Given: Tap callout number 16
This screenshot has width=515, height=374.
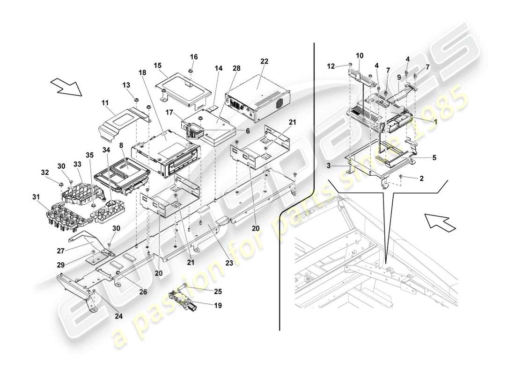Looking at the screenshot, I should click(x=194, y=57).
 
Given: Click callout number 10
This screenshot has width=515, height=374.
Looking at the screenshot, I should click(x=360, y=55).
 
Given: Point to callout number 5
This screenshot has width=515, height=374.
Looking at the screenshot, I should click(x=434, y=158).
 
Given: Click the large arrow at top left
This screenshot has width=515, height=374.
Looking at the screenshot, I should click(x=66, y=87).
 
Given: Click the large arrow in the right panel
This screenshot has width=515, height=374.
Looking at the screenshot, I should click(x=440, y=221).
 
